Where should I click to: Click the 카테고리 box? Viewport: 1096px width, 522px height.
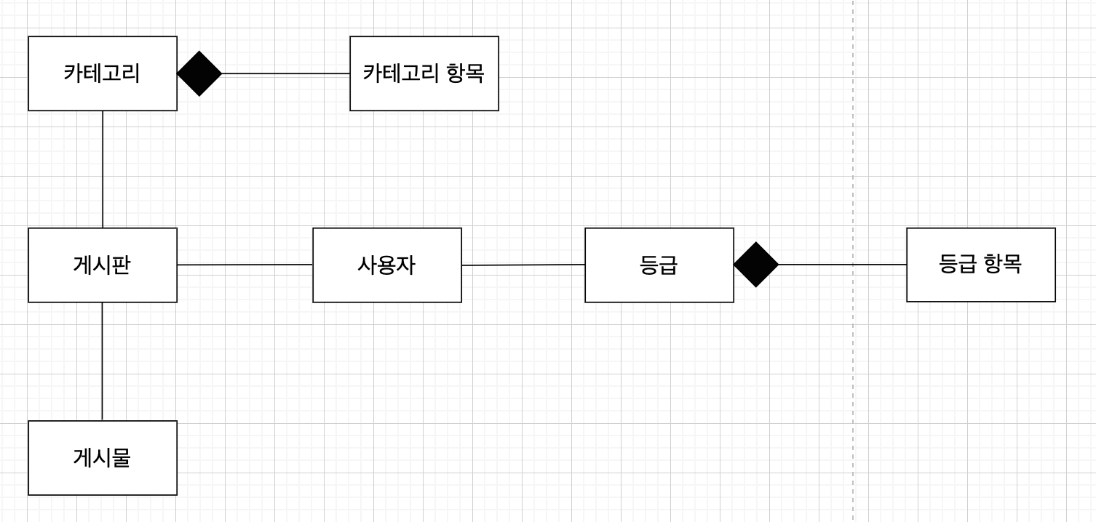click(102, 73)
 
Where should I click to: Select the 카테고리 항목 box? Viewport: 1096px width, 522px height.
click(424, 73)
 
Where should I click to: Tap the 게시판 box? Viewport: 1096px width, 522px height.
click(102, 265)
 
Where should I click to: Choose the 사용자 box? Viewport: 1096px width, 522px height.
click(386, 265)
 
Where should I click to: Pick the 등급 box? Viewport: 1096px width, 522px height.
click(659, 265)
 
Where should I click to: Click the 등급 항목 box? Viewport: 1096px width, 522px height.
click(980, 265)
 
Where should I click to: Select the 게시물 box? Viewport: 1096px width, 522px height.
click(102, 457)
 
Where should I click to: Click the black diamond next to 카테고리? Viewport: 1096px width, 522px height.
click(199, 73)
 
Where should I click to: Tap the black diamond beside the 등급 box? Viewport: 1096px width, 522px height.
click(756, 265)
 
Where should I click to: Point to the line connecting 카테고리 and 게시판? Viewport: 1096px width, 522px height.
click(103, 169)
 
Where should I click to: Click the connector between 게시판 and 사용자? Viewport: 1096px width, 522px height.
click(245, 265)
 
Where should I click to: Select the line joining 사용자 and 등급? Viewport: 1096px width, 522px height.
click(523, 265)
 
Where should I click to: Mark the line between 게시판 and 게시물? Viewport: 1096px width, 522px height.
click(102, 361)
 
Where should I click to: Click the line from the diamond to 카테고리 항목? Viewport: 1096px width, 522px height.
click(285, 73)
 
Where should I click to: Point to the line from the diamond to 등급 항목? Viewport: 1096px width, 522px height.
click(815, 265)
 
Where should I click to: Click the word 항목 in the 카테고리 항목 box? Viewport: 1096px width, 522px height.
click(464, 73)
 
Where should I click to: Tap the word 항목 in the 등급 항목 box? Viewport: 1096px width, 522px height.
click(1002, 263)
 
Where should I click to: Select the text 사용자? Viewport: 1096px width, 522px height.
click(386, 265)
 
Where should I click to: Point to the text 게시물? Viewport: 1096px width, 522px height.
click(102, 457)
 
